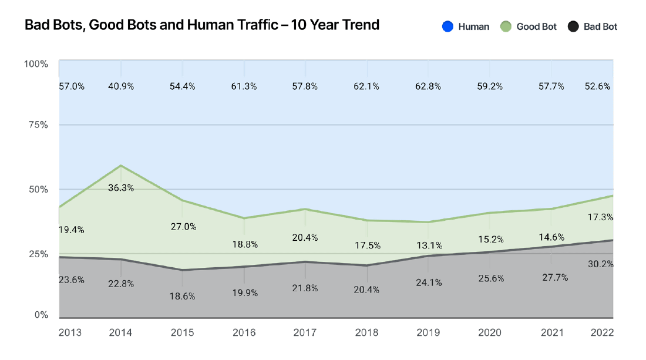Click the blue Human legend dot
point(448,26)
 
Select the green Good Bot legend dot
point(506,26)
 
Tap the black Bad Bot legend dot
point(573,26)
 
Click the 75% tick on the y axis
point(36,125)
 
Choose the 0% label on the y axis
point(41,315)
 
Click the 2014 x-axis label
point(122,332)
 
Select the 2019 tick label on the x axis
point(429,332)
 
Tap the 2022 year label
point(601,332)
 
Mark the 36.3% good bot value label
point(122,188)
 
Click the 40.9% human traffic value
point(122,86)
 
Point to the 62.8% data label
point(428,86)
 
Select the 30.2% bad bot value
point(601,264)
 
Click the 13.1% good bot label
point(428,245)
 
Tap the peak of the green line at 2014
point(121,166)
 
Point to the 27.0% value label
point(183,227)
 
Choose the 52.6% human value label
point(598,86)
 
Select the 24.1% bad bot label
point(428,282)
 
